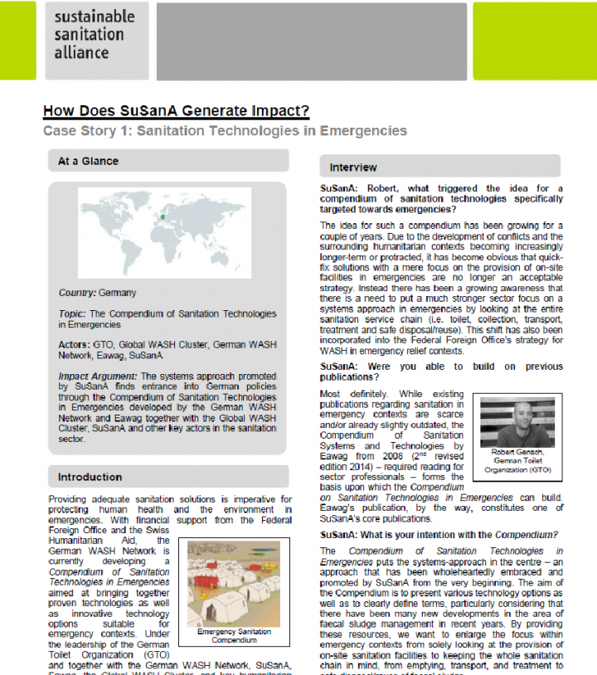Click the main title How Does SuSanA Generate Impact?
[x=176, y=110]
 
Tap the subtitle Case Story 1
[x=225, y=131]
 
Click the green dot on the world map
[x=163, y=217]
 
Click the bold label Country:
[x=77, y=294]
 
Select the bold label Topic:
[x=72, y=314]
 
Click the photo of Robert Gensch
[x=517, y=422]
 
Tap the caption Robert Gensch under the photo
[x=517, y=453]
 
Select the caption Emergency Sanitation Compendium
[x=234, y=636]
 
